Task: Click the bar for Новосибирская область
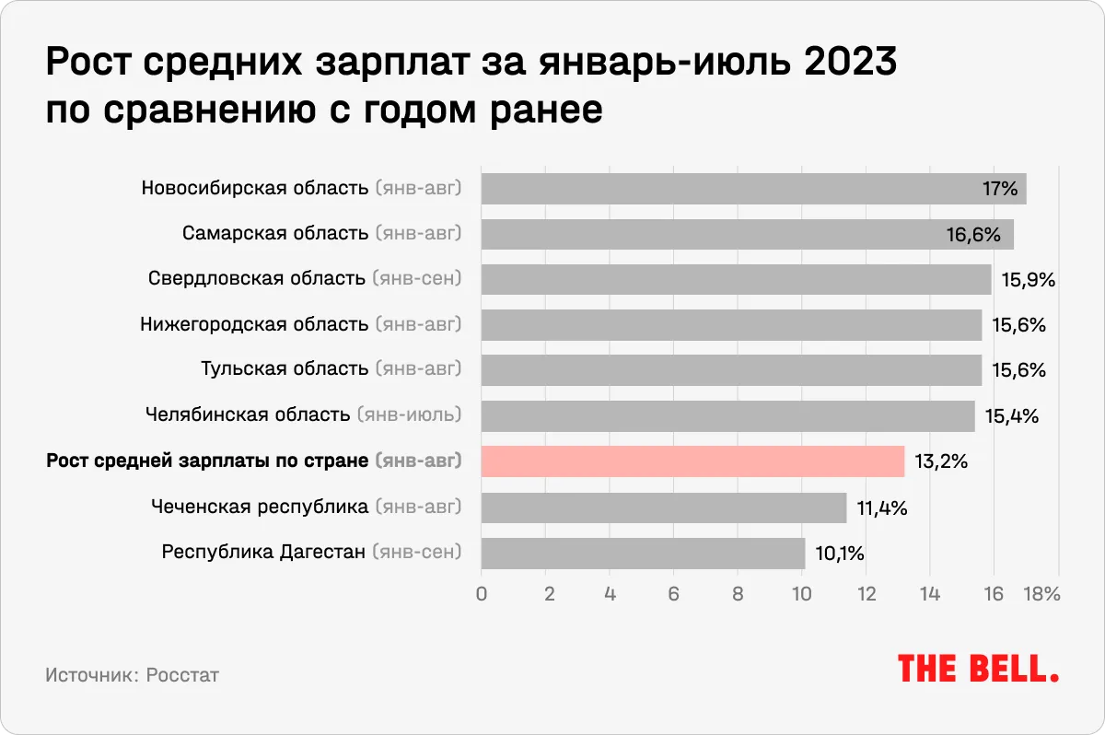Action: coord(753,189)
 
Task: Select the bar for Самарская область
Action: coord(747,234)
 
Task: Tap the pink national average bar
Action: coord(692,461)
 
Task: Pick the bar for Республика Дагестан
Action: coord(643,553)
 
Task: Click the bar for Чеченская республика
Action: coord(663,507)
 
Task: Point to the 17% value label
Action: coord(999,190)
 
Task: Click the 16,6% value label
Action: coord(973,235)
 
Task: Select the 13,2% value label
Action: coord(940,461)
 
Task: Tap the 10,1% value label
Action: coord(838,554)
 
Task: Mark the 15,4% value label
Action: coord(1011,416)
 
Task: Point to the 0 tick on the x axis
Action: coord(482,594)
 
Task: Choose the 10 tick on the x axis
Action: coord(801,594)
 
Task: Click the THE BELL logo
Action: coord(978,668)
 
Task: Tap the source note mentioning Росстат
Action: coord(133,675)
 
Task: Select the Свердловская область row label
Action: coord(257,279)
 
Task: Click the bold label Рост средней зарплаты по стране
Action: coord(207,461)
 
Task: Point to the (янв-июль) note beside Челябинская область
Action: coord(408,415)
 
